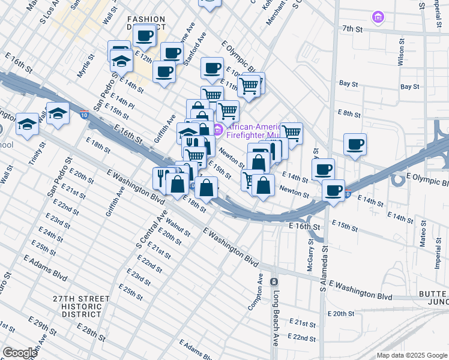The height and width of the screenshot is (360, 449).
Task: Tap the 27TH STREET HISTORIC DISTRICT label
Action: click(x=81, y=306)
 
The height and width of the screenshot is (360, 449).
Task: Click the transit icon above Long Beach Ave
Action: click(x=274, y=282)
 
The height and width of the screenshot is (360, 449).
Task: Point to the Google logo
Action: click(x=20, y=353)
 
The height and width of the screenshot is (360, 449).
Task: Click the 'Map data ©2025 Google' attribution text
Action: click(x=412, y=355)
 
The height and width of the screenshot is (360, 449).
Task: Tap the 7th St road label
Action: click(x=354, y=28)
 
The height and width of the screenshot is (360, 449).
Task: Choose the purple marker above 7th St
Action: click(x=377, y=17)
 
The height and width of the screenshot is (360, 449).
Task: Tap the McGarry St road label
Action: click(x=310, y=259)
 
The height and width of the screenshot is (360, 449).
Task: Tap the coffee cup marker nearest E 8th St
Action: click(x=355, y=145)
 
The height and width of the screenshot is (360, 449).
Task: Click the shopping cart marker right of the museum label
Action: click(x=291, y=133)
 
